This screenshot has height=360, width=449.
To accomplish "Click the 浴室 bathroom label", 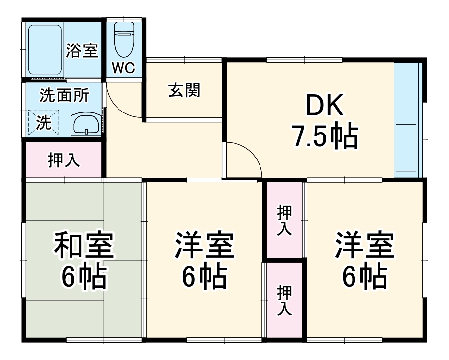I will coord(83,50).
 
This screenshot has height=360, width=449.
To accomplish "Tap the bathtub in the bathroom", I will coord(44,48).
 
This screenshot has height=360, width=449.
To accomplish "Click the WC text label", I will coord(123,68).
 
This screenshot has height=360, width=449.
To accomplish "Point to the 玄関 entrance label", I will coord(184,90).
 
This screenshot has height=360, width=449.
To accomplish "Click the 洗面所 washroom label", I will coord(64,95).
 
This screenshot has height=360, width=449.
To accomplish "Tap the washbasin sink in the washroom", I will coord(86,124).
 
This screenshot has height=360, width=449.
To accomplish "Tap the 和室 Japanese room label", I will coord(84,246).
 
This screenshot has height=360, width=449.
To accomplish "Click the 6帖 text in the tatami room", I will coord(84,277).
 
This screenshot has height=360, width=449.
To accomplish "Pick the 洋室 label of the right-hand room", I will coord(365,246).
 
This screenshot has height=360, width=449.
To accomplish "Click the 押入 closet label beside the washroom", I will coord(64,160).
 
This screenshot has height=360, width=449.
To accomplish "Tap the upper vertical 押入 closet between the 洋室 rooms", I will coord(284,220).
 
